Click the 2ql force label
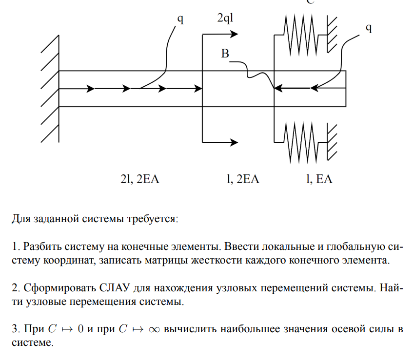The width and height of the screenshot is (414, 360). tap(227, 19)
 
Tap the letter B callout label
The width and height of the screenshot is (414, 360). tap(225, 54)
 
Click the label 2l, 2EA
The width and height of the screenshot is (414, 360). tap(140, 179)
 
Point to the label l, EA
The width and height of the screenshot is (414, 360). tap(319, 179)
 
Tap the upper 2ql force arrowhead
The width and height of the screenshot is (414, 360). tap(234, 34)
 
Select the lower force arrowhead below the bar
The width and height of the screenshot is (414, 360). tap(234, 142)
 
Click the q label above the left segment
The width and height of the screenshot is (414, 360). tap(180, 19)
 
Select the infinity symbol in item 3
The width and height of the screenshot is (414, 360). tap(153, 329)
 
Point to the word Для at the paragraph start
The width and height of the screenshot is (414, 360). tap(21, 218)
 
